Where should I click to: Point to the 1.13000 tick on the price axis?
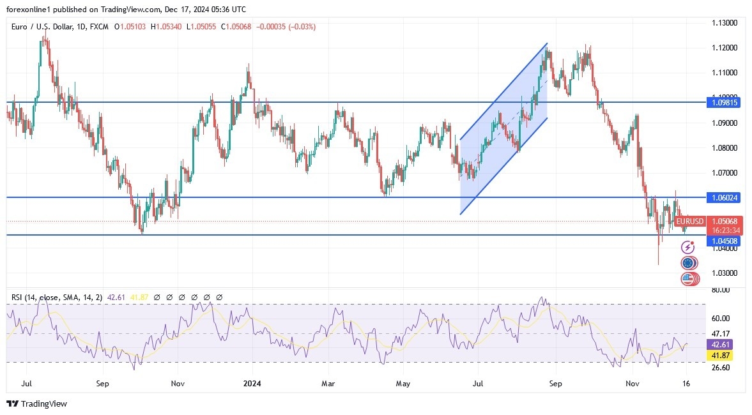[725, 23]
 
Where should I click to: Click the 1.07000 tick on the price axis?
[725, 172]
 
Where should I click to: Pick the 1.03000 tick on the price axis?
[725, 273]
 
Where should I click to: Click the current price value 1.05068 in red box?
[724, 221]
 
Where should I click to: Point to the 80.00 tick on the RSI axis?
[720, 290]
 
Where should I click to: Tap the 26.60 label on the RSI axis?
[720, 367]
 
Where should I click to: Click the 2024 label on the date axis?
[252, 384]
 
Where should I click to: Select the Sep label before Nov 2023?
[103, 384]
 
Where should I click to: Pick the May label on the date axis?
[403, 384]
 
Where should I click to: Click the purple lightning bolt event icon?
[687, 247]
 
